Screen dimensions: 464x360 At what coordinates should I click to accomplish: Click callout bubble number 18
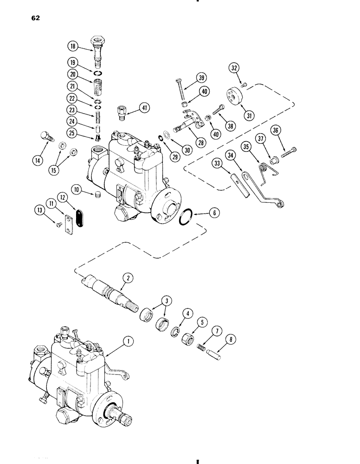pos(72,46)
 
